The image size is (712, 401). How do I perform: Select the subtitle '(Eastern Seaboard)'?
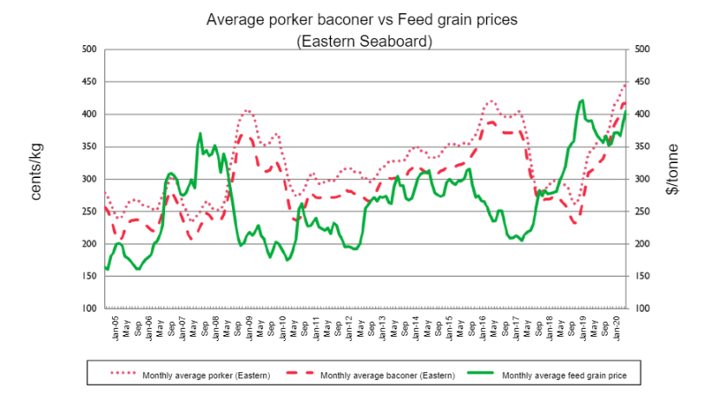(x=364, y=42)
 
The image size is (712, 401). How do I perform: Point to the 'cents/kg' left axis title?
(x=36, y=172)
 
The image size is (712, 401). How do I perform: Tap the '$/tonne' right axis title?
(x=672, y=169)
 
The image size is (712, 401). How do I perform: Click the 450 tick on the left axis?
(x=89, y=82)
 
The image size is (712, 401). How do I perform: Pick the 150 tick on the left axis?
(x=89, y=276)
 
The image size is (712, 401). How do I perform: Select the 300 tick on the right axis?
(x=642, y=179)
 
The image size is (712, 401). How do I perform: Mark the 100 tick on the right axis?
(x=642, y=308)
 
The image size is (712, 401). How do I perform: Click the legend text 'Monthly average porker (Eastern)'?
(x=206, y=376)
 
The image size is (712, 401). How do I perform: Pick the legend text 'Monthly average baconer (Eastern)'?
(x=387, y=376)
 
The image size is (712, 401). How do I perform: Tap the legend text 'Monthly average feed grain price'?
(x=564, y=376)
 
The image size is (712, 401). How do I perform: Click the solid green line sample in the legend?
(x=480, y=373)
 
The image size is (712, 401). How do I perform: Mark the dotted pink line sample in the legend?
(x=123, y=373)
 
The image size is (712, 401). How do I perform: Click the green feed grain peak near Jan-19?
(x=582, y=101)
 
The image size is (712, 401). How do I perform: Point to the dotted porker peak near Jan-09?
(x=246, y=110)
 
